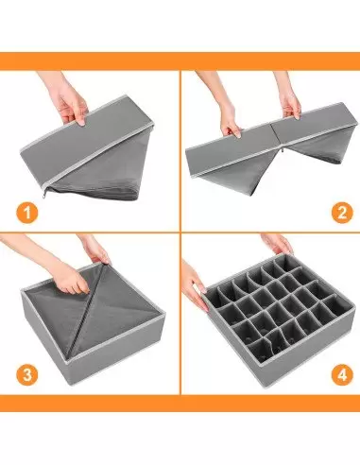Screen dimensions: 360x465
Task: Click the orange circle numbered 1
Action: [27, 213]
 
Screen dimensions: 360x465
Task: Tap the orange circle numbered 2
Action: [342, 213]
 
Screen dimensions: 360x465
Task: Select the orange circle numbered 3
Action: [27, 375]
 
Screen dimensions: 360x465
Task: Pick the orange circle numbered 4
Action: [342, 375]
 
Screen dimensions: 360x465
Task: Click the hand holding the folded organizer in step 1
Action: [69, 101]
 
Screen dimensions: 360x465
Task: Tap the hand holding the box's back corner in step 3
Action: [94, 249]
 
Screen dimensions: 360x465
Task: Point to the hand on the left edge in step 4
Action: [194, 285]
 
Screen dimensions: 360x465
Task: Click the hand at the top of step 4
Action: [277, 244]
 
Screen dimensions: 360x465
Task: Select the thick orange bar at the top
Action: [180, 61]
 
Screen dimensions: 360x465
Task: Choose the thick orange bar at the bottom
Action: [180, 404]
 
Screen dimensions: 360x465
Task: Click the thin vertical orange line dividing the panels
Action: [180, 232]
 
